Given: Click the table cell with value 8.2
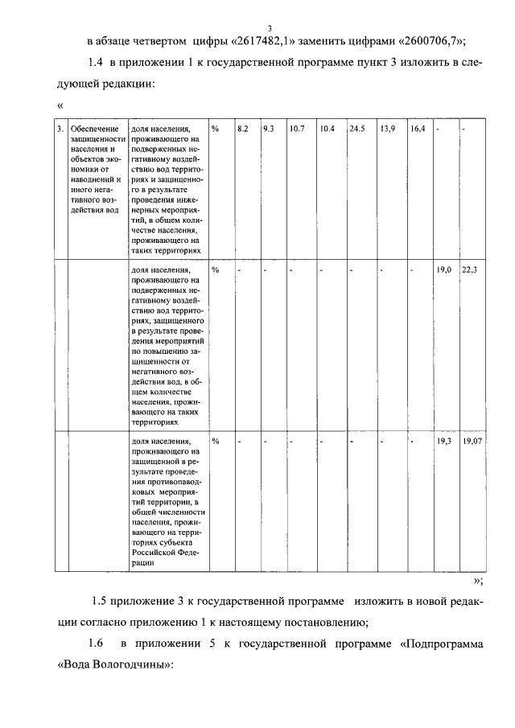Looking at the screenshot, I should pyautogui.click(x=242, y=129).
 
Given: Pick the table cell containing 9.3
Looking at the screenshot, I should pyautogui.click(x=269, y=129).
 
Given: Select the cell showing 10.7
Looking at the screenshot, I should pyautogui.click(x=297, y=129).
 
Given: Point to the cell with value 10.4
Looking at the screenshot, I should pyautogui.click(x=327, y=129).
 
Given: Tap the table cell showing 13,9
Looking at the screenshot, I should pyautogui.click(x=387, y=129).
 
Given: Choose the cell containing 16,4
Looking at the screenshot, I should pyautogui.click(x=416, y=129).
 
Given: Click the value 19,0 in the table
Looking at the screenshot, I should pyautogui.click(x=443, y=270).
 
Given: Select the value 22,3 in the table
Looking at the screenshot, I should pyautogui.click(x=469, y=270).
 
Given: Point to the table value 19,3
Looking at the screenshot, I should pyautogui.click(x=443, y=442).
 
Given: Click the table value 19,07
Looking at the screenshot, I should pyautogui.click(x=471, y=442).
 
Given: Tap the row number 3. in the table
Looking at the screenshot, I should pyautogui.click(x=61, y=129).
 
